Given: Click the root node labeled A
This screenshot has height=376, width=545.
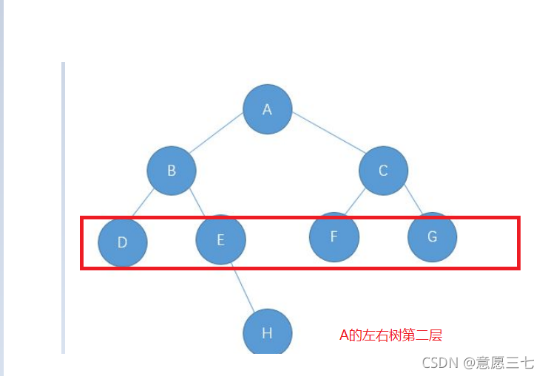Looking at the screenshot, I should click(x=268, y=109).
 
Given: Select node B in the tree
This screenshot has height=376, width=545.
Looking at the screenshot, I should click(x=171, y=171).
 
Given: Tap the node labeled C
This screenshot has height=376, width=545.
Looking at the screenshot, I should click(x=383, y=171).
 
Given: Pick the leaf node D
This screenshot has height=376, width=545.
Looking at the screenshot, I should click(x=123, y=242).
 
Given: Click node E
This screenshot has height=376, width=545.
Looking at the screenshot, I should click(x=220, y=239).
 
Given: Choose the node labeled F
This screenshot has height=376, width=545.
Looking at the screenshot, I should click(x=334, y=236).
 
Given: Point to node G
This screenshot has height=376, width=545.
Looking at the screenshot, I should click(x=432, y=237).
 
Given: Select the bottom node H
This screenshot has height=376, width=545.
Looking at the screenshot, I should click(x=268, y=333).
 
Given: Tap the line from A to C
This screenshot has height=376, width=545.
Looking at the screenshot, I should click(x=328, y=135).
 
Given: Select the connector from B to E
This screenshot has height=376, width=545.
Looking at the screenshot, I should click(x=196, y=203).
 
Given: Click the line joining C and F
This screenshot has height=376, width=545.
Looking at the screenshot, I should click(x=358, y=202).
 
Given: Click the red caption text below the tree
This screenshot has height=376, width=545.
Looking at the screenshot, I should click(x=390, y=335).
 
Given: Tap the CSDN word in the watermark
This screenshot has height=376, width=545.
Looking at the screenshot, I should click(x=439, y=363).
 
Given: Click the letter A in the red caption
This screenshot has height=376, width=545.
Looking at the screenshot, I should click(x=343, y=335).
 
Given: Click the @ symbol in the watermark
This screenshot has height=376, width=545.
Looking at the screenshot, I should click(x=470, y=363).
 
